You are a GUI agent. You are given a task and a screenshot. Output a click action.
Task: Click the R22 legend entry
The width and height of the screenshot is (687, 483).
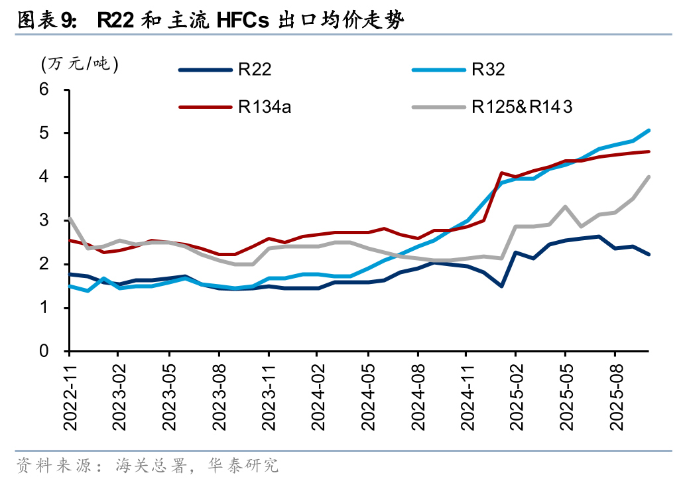pyautogui.click(x=255, y=68)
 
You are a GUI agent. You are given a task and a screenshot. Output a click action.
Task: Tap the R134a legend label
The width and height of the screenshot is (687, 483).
pyautogui.click(x=264, y=106)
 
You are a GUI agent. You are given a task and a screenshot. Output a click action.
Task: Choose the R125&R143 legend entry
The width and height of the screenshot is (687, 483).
pyautogui.click(x=521, y=106)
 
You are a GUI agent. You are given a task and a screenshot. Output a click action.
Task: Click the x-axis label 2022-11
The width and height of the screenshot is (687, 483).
pyautogui.click(x=70, y=391)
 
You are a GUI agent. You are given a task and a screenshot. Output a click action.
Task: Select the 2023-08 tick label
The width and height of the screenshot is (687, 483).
pyautogui.click(x=219, y=391)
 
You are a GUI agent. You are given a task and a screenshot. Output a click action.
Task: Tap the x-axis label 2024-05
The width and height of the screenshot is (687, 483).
pyautogui.click(x=368, y=391)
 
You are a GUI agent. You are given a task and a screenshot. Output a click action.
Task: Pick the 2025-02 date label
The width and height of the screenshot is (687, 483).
pyautogui.click(x=517, y=391)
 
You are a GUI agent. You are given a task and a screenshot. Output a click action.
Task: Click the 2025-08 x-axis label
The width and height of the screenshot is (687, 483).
pyautogui.click(x=616, y=391)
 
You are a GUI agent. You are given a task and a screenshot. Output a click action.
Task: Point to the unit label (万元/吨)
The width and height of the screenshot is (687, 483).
pyautogui.click(x=80, y=64)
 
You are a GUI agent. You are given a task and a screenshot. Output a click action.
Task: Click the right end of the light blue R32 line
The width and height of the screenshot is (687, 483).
pyautogui.click(x=649, y=130)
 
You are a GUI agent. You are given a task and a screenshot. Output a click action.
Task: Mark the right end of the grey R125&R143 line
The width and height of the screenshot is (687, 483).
pyautogui.click(x=649, y=177)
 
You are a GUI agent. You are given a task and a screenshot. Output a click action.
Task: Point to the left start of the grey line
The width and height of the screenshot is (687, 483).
pyautogui.click(x=70, y=218)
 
